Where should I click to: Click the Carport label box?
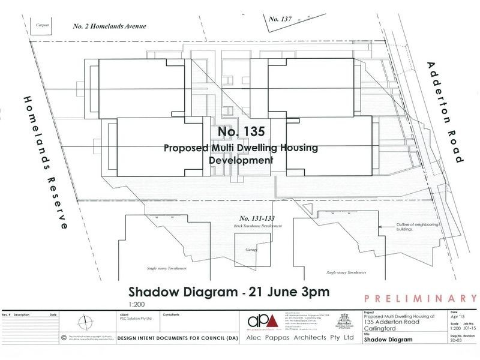click(x=41, y=25)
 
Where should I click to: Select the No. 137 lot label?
click(x=280, y=19)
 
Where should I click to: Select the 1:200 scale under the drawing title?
click(x=136, y=304)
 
